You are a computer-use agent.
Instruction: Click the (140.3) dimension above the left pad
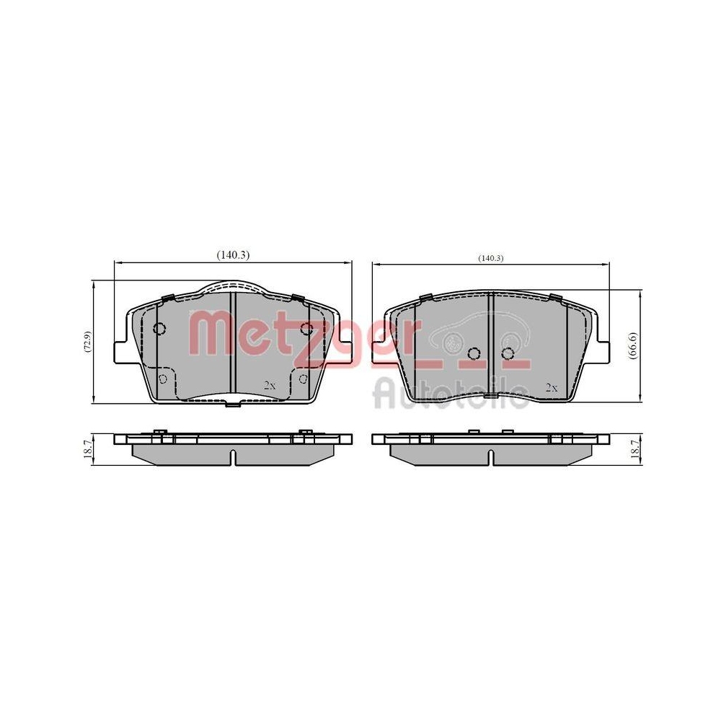233,255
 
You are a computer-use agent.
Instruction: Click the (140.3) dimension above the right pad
490,258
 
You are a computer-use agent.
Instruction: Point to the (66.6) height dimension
632,347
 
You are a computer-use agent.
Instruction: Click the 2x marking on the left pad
270,386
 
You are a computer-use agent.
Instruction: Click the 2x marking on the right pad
552,388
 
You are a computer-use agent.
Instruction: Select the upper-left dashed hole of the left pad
160,329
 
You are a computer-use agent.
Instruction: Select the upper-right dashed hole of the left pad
306,329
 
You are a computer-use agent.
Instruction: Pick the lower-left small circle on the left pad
163,379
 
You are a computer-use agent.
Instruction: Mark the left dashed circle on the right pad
474,353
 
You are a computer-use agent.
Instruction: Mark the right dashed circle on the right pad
508,353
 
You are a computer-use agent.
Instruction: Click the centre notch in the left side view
233,457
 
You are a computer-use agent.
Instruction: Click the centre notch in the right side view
490,457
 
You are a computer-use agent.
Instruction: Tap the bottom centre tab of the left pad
233,404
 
